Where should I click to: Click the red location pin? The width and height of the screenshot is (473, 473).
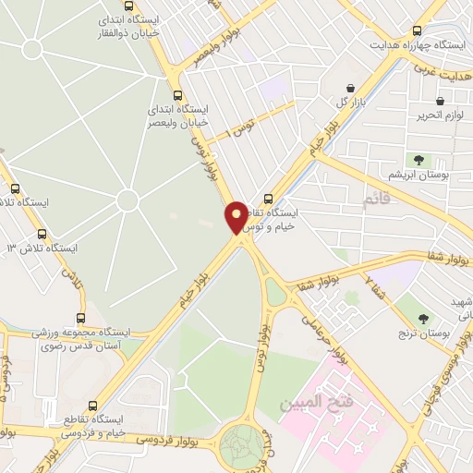237,217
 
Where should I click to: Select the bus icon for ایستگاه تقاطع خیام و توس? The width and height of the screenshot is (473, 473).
269,198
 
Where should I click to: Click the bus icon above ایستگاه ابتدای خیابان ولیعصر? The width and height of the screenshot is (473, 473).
177,94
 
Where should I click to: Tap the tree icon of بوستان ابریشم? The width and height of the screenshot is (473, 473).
419,160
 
